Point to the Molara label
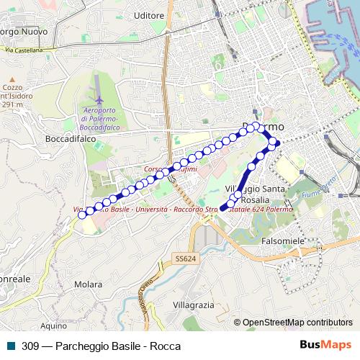[87, 284]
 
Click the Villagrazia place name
[194, 305]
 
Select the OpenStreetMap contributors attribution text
[297, 323]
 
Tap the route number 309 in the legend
[30, 345]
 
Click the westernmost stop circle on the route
[82, 214]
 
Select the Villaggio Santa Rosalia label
[257, 194]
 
